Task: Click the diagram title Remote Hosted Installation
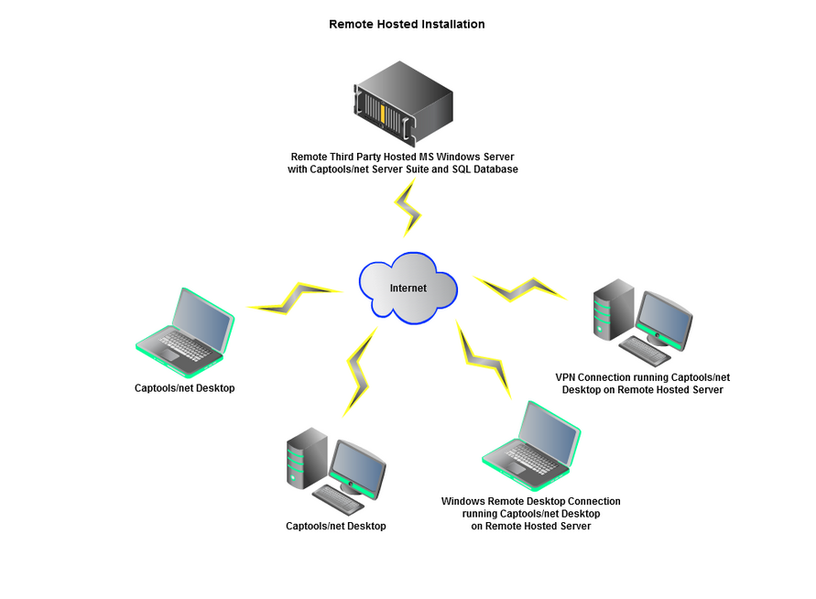pos(407,24)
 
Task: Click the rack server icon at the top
pos(403,98)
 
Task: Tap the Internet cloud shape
pos(408,287)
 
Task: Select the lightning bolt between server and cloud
pos(408,208)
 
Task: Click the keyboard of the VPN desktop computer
pos(645,349)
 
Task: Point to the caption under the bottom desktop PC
pos(335,526)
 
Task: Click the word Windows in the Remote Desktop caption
pos(465,501)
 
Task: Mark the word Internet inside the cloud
pos(408,288)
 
